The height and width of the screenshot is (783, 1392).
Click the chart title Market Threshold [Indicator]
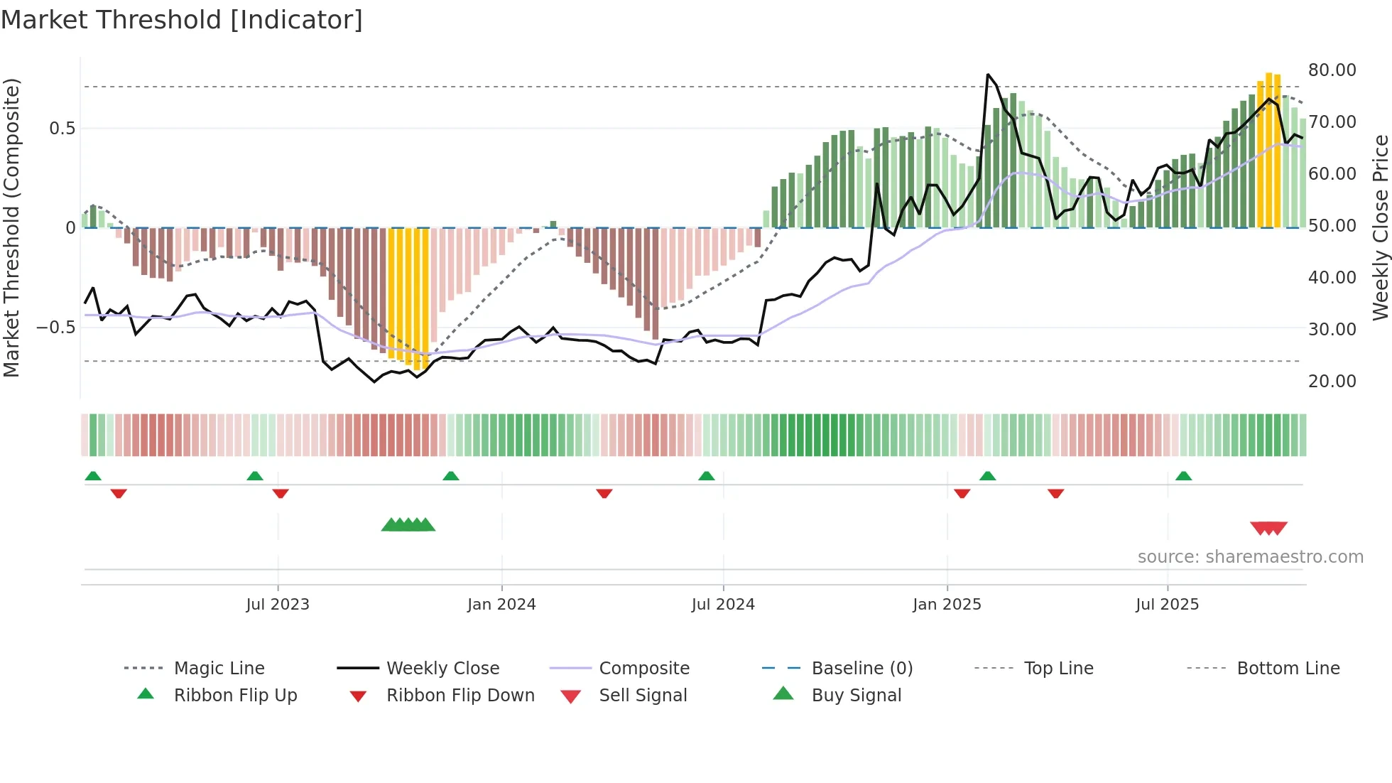(182, 20)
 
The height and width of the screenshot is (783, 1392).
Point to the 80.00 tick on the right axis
(1332, 70)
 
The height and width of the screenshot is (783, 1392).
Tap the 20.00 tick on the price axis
(1332, 382)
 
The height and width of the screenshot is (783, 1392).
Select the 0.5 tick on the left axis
(62, 129)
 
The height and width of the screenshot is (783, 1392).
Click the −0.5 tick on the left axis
(55, 328)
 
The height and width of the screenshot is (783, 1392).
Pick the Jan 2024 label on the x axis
(501, 605)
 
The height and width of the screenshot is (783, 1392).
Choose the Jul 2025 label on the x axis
(1167, 605)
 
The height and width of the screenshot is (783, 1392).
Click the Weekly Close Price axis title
(1380, 227)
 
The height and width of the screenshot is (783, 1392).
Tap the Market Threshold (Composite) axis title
(11, 227)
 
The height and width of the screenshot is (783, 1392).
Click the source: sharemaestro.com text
(1250, 557)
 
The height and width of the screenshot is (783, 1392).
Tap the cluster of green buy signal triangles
(408, 525)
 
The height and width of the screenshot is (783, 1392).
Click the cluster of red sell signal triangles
(1268, 528)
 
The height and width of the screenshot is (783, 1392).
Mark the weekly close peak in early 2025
(988, 75)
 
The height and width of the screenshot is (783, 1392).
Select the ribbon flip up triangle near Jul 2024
(706, 476)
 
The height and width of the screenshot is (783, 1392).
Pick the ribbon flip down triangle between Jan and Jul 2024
(604, 493)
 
